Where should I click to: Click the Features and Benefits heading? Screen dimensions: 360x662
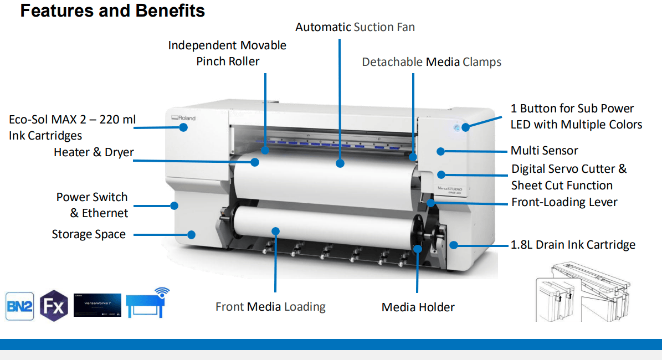[112, 11]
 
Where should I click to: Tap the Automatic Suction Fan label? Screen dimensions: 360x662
[355, 27]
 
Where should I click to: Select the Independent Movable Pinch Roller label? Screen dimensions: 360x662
[227, 53]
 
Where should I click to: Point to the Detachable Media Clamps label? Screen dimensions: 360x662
[432, 62]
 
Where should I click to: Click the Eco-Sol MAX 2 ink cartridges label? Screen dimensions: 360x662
[72, 127]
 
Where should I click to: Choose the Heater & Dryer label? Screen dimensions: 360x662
[94, 152]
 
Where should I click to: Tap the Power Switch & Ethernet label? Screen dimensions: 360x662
[92, 205]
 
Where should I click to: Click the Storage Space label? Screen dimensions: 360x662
[89, 234]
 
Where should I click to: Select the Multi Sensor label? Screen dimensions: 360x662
[544, 151]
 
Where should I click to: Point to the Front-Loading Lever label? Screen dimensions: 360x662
[564, 202]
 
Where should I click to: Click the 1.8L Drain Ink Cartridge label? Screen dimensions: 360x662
[573, 245]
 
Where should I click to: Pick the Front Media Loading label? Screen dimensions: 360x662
[270, 307]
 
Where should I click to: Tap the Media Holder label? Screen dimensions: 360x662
[418, 307]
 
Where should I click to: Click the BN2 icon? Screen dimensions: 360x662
[20, 306]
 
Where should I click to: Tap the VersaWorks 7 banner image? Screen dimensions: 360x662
[97, 305]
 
